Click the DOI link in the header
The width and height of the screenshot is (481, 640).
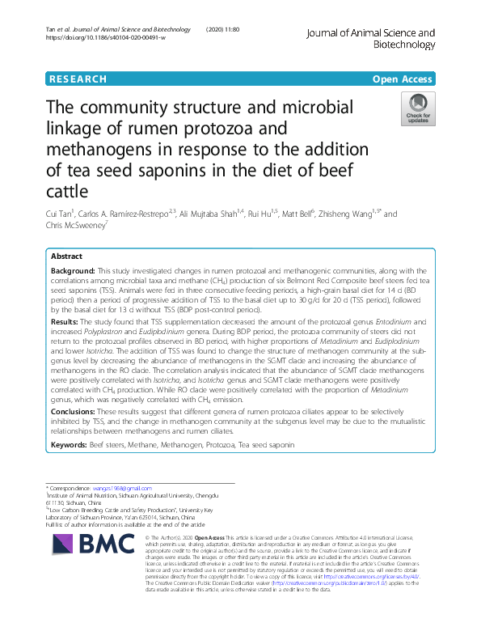point(106,38)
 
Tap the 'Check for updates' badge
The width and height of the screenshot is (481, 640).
point(418,109)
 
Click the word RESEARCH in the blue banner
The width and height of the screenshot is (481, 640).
point(78,79)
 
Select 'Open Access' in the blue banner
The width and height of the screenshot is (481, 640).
point(402,79)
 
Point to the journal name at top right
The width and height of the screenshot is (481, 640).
point(371,40)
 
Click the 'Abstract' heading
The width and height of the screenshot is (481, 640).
point(67,256)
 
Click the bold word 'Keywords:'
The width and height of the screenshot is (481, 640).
point(70,445)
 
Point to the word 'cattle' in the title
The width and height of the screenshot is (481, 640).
point(67,192)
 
